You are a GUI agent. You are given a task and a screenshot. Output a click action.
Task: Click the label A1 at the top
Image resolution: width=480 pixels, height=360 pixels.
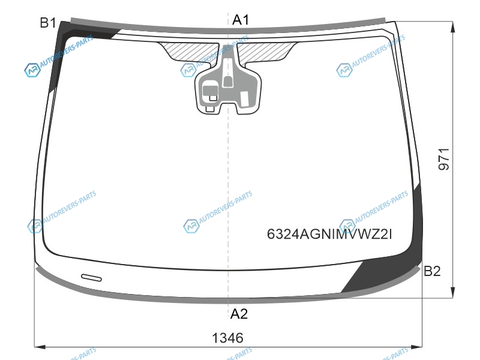coord(241,20)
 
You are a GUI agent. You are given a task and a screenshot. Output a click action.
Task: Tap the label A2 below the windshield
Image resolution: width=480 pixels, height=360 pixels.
coord(239,314)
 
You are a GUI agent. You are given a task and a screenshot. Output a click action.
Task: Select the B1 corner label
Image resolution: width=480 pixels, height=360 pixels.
coord(48,23)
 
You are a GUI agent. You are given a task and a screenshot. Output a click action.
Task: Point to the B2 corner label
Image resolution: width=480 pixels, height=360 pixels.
coord(432,271)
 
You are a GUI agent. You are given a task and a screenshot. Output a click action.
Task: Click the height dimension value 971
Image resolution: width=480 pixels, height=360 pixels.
coord(443,159)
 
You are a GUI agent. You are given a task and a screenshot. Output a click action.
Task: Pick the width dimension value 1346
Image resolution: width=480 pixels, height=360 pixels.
coord(228,338)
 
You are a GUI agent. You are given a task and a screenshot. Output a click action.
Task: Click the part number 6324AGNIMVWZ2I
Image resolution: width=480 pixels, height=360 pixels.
coord(329,235)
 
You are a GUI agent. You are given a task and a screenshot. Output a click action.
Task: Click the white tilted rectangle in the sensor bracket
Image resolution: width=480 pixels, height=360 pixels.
coord(244,99)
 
